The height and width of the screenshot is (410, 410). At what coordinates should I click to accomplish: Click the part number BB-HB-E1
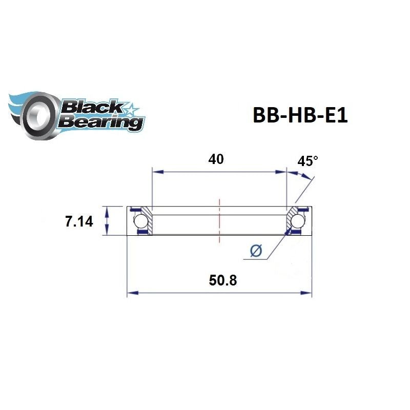click(300, 115)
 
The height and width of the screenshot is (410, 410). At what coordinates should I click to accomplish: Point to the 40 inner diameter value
click(216, 159)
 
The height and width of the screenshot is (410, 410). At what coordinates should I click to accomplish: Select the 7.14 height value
click(79, 222)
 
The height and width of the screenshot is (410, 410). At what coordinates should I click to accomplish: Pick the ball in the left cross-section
click(140, 221)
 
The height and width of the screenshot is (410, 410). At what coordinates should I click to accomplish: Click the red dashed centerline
click(219, 220)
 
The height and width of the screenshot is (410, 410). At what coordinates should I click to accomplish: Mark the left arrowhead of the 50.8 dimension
click(130, 293)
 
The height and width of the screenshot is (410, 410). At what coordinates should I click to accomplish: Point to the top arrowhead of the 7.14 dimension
click(107, 209)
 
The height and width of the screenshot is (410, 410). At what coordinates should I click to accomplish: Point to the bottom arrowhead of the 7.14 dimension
click(107, 233)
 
